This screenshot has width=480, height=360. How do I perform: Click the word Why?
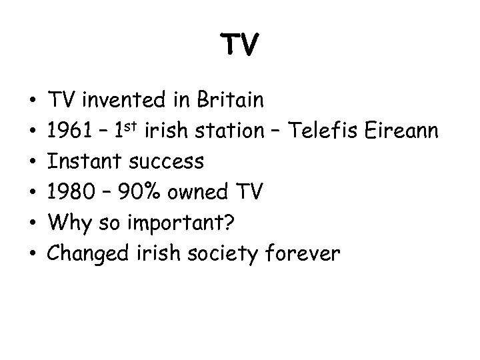click(66, 223)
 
